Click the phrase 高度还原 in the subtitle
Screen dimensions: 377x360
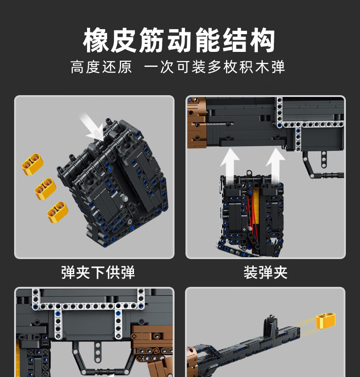tap(101, 67)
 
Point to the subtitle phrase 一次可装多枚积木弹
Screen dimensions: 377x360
tap(215, 67)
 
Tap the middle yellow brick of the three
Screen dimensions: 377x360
tap(45, 188)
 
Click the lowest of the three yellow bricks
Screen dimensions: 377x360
tap(58, 211)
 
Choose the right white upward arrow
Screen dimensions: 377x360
tap(275, 161)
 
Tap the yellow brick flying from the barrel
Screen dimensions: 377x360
tap(325, 322)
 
